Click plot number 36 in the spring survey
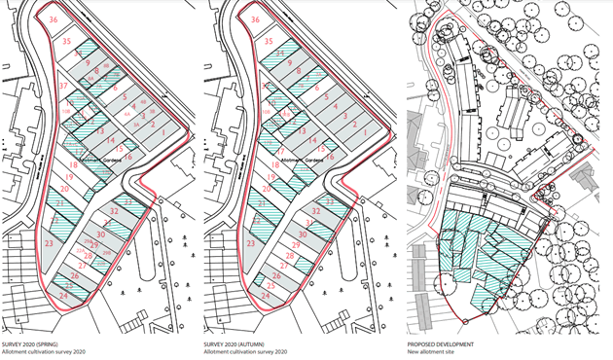coord(54,20)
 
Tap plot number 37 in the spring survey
coord(63,87)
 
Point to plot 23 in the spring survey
coord(48,243)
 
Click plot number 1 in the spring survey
coord(164,131)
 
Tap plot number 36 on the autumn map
coord(256,20)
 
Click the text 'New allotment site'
coord(433,353)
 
